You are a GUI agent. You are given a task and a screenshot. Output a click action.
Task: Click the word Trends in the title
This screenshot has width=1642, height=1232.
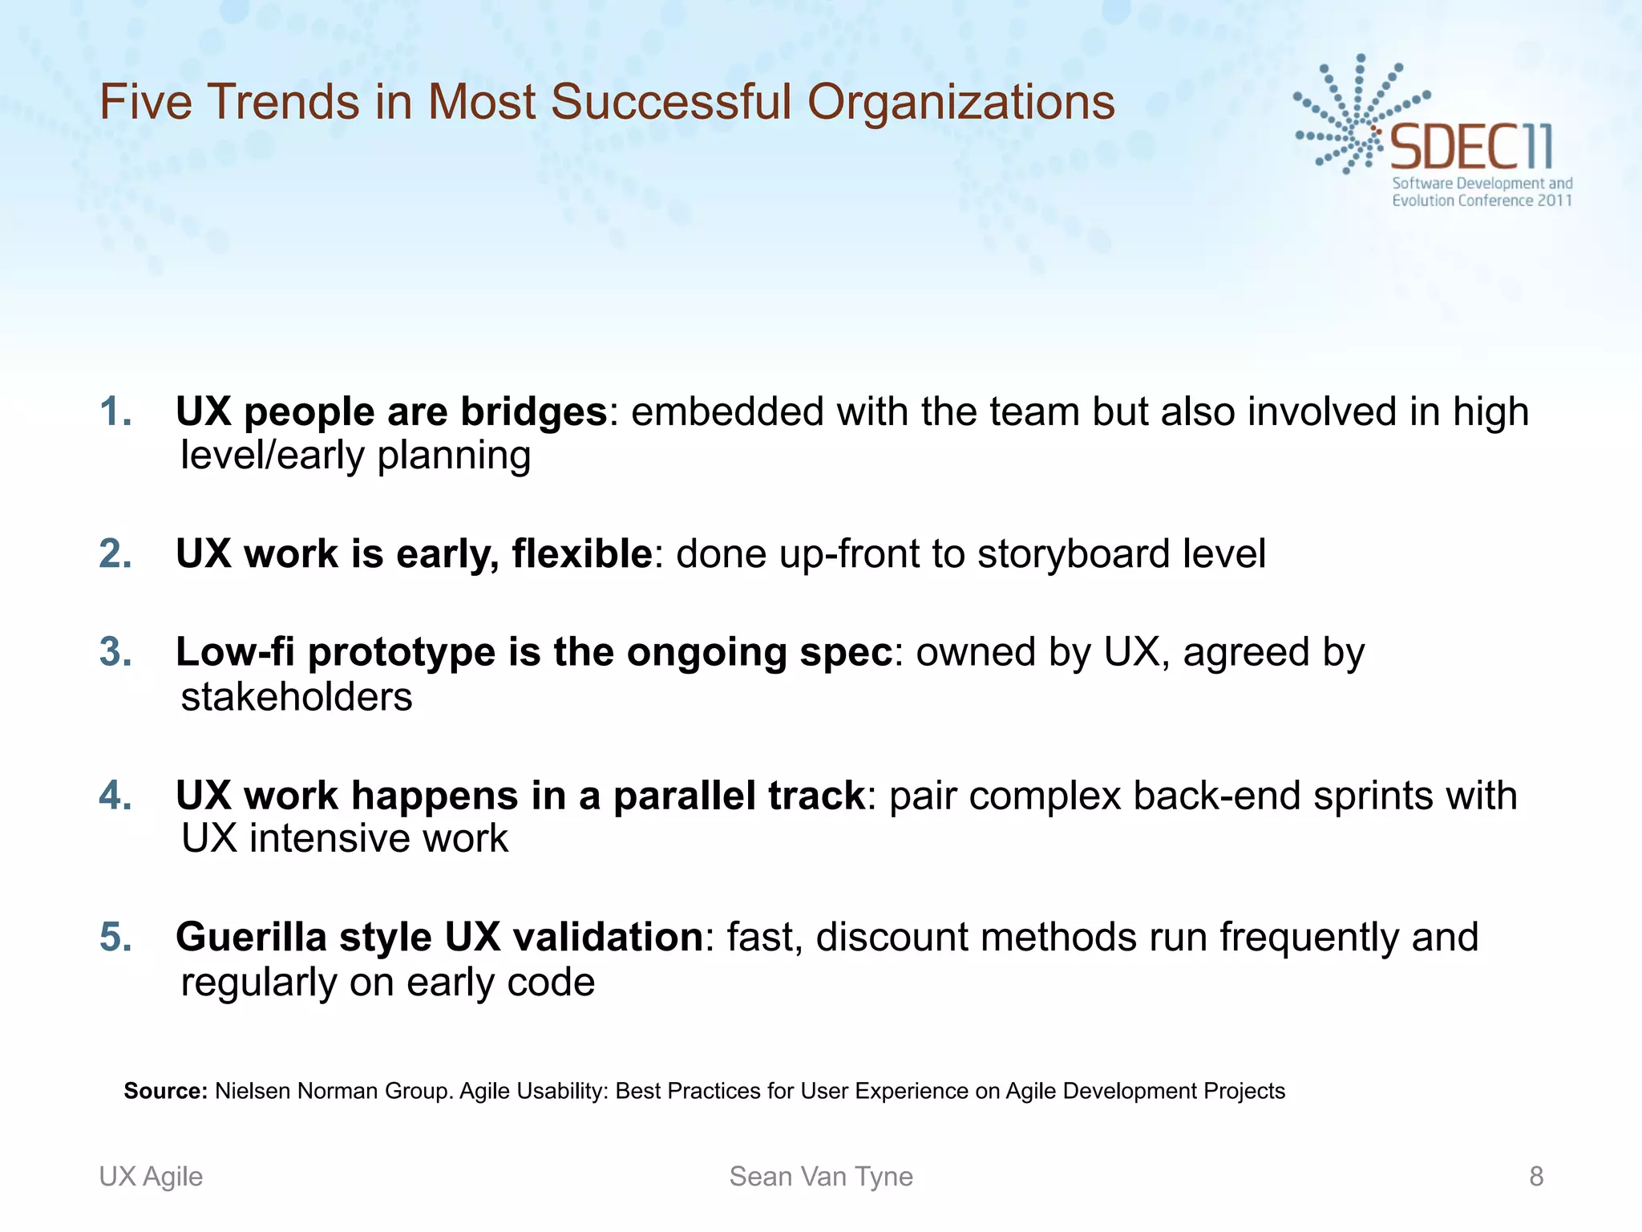tap(283, 103)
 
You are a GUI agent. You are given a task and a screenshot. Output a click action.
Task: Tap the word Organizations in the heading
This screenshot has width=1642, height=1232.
tap(961, 103)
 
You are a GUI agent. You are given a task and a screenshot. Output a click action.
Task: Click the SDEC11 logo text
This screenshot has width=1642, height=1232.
tap(1471, 147)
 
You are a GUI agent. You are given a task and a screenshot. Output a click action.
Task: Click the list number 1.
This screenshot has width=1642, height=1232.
tap(115, 412)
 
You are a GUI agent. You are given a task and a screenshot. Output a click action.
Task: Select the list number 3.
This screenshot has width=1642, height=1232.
tap(115, 652)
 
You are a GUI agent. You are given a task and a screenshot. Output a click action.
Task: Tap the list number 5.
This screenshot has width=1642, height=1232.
tap(115, 937)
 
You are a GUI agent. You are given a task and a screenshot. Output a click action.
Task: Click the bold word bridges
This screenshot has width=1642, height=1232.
tap(533, 412)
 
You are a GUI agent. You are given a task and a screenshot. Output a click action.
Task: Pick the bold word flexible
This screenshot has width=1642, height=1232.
tap(582, 554)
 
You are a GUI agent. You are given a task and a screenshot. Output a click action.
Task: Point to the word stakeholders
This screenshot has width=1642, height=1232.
tap(297, 697)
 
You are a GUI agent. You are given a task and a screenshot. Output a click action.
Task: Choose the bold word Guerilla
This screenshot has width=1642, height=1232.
tap(251, 937)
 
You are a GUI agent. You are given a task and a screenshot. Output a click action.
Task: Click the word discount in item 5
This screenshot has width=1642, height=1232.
tap(892, 937)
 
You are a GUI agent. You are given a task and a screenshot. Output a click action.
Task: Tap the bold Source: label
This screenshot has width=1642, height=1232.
tap(165, 1091)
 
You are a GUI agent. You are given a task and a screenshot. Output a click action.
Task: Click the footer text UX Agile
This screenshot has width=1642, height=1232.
tap(151, 1177)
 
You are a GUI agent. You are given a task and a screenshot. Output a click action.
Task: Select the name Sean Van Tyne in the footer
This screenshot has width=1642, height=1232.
tap(821, 1177)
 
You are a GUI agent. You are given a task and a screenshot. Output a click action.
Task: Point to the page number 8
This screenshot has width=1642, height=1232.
tap(1536, 1177)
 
